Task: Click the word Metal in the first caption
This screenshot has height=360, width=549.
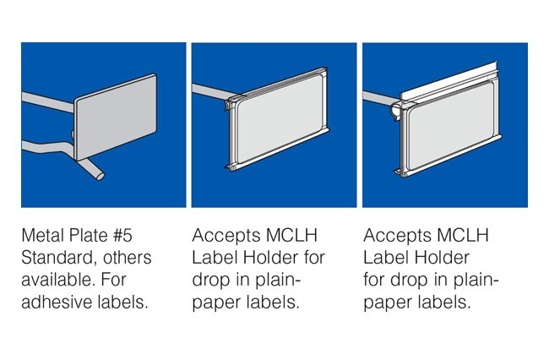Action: tap(44, 235)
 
